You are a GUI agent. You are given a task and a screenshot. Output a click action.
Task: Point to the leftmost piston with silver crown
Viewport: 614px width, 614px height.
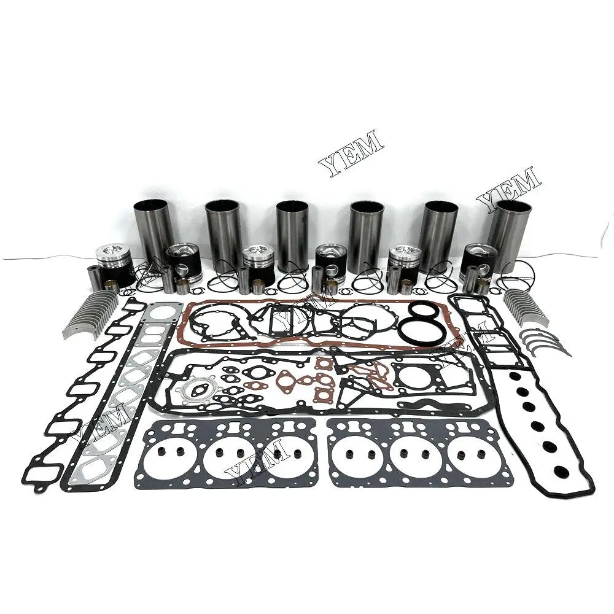[x=114, y=264]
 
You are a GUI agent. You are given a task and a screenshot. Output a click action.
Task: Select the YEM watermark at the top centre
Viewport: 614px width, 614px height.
[x=351, y=151]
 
